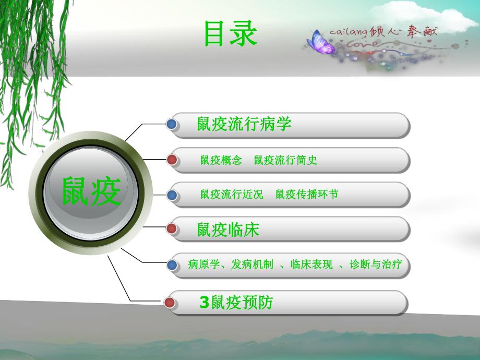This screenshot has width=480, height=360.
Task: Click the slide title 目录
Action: click(x=231, y=34)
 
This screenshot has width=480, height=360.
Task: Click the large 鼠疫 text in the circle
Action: click(x=91, y=191)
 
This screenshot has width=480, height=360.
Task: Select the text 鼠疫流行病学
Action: click(x=244, y=124)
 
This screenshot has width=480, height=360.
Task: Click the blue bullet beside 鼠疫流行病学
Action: click(x=172, y=124)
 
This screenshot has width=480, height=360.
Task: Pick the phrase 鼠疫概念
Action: click(x=221, y=160)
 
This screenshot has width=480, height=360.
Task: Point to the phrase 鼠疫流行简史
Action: click(x=286, y=160)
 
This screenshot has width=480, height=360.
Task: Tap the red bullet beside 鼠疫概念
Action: click(x=172, y=160)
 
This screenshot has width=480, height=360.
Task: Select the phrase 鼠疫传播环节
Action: click(x=307, y=195)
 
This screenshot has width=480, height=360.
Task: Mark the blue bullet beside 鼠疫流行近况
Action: click(x=172, y=195)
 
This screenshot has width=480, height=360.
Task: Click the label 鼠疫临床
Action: click(x=228, y=230)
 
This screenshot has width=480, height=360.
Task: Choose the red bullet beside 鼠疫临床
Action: click(x=172, y=229)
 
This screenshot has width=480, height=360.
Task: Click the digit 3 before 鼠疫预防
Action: click(x=204, y=303)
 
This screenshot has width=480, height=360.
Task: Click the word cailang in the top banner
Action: click(x=349, y=32)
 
